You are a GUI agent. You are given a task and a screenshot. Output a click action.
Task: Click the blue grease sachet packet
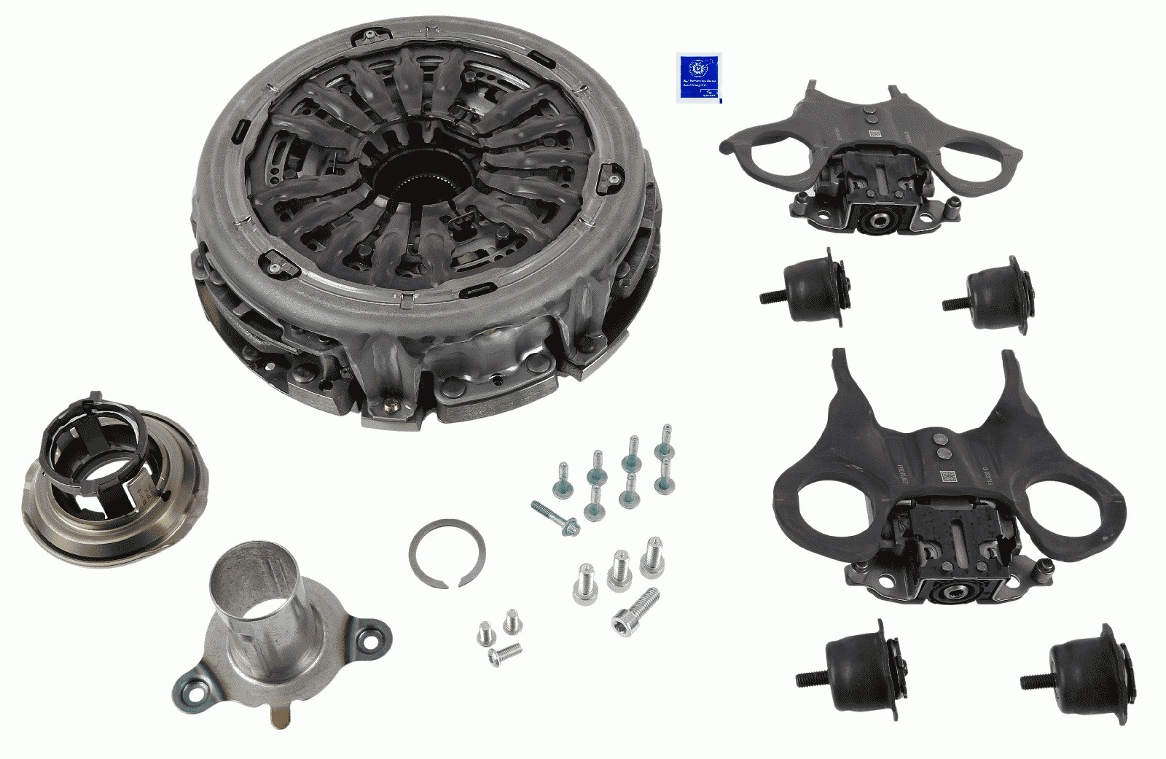[699, 77]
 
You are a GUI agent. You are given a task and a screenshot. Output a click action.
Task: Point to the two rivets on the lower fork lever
[940, 446]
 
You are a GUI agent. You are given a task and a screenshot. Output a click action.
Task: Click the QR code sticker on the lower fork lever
[949, 478]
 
